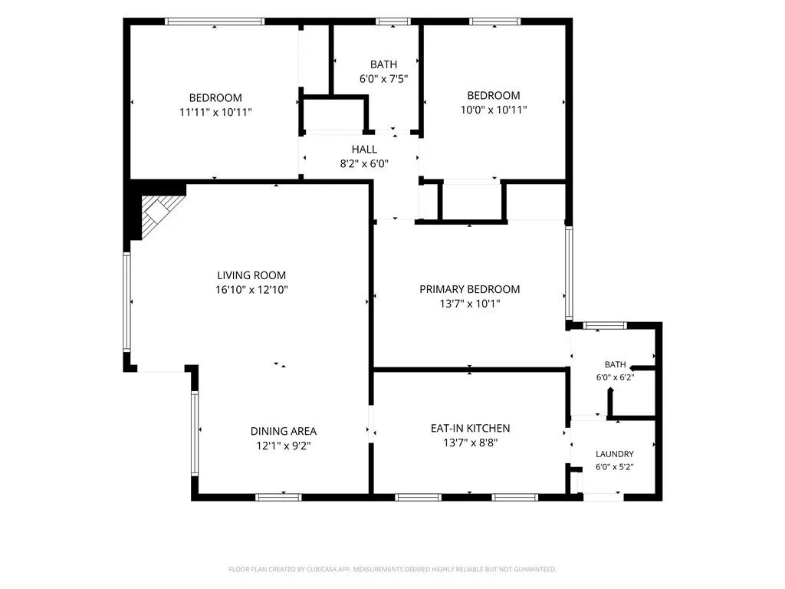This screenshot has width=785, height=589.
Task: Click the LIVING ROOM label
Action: (x=251, y=275)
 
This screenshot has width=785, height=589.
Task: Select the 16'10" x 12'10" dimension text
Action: (x=251, y=289)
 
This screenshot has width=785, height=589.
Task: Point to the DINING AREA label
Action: (x=284, y=431)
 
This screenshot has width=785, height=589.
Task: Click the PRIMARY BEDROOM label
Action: (x=470, y=289)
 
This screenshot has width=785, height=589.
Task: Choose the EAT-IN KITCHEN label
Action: (x=470, y=428)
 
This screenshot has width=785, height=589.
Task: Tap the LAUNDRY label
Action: (x=614, y=454)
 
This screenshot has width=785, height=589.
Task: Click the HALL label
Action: (x=364, y=150)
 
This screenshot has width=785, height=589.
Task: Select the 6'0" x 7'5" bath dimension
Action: (x=383, y=79)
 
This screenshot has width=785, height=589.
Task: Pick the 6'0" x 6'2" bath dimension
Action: (x=615, y=377)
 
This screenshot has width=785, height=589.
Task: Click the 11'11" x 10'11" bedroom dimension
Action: (x=215, y=112)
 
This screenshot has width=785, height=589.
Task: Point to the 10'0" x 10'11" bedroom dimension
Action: (x=494, y=110)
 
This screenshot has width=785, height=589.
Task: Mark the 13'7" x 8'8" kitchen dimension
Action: (x=470, y=443)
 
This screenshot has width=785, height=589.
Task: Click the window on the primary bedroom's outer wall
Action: (x=569, y=273)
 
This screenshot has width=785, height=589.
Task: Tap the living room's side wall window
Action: (x=126, y=302)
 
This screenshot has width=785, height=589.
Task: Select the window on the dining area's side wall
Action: (x=195, y=433)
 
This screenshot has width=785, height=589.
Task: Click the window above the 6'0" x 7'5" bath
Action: (x=393, y=21)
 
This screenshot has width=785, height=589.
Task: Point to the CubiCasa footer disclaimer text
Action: (x=392, y=569)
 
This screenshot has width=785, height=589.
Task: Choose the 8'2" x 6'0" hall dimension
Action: (x=364, y=163)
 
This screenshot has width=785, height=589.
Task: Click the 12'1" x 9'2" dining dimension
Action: (x=284, y=446)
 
